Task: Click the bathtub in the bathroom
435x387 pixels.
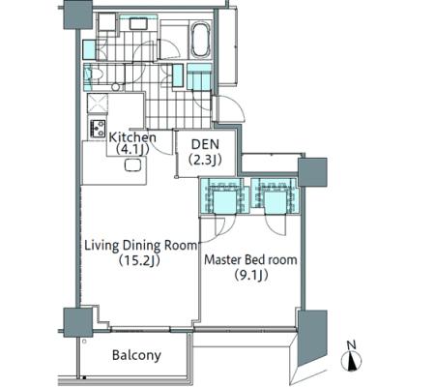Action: [x=201, y=41]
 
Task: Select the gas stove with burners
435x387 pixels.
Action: [x=98, y=129]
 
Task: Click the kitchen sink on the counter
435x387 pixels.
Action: [x=132, y=165]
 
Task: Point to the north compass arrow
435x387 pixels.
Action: [x=351, y=361]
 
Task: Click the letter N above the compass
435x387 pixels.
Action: [x=352, y=345]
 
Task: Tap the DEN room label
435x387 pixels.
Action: [x=205, y=144]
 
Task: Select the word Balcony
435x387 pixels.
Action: [x=136, y=355]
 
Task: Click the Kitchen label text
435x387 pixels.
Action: [x=132, y=137]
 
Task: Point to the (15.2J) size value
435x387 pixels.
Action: [x=139, y=260]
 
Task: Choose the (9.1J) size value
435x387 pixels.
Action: [x=251, y=275]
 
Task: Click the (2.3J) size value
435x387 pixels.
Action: [x=205, y=160]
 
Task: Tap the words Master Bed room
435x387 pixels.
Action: [x=250, y=259]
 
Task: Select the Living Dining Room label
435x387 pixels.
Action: [x=140, y=246]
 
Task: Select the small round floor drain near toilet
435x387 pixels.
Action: [x=115, y=87]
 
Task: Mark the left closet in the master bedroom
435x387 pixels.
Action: [x=224, y=195]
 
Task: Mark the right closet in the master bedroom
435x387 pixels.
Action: [x=275, y=195]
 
